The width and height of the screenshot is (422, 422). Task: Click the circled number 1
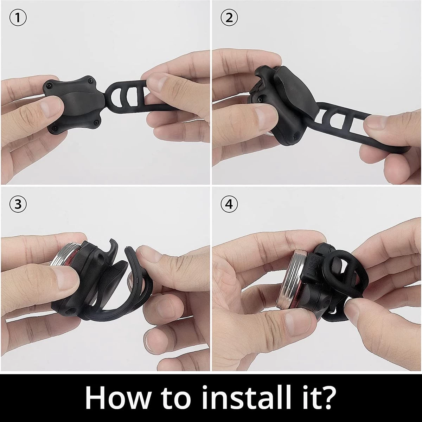[x=18, y=18]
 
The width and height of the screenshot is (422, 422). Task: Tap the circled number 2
[x=229, y=18]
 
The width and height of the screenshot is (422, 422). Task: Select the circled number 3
[x=18, y=204]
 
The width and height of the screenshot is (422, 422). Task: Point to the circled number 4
[x=229, y=204]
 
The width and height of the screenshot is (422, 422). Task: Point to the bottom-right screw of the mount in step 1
[x=96, y=123]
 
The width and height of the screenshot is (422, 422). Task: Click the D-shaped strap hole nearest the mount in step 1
[x=116, y=96]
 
